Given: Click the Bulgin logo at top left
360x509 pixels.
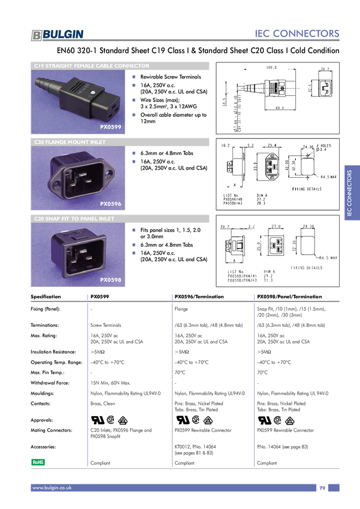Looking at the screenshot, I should [58, 35].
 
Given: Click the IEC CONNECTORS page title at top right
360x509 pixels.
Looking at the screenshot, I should [297, 34].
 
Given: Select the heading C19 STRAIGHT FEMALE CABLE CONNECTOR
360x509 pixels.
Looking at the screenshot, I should [92, 66].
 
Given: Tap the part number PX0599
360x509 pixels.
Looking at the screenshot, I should [110, 128].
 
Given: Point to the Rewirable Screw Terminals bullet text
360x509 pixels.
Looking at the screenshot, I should [170, 77].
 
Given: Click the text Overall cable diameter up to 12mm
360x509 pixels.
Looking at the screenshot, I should [173, 118].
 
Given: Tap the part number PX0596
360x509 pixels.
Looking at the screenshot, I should [110, 204].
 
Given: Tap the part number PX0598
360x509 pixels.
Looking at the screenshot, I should [110, 280].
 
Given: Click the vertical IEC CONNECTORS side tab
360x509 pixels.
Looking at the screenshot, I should [352, 193].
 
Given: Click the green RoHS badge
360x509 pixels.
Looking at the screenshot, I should [38, 462].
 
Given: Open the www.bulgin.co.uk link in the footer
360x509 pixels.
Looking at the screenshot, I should [52, 488].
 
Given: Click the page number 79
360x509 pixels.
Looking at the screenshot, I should [322, 488].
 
